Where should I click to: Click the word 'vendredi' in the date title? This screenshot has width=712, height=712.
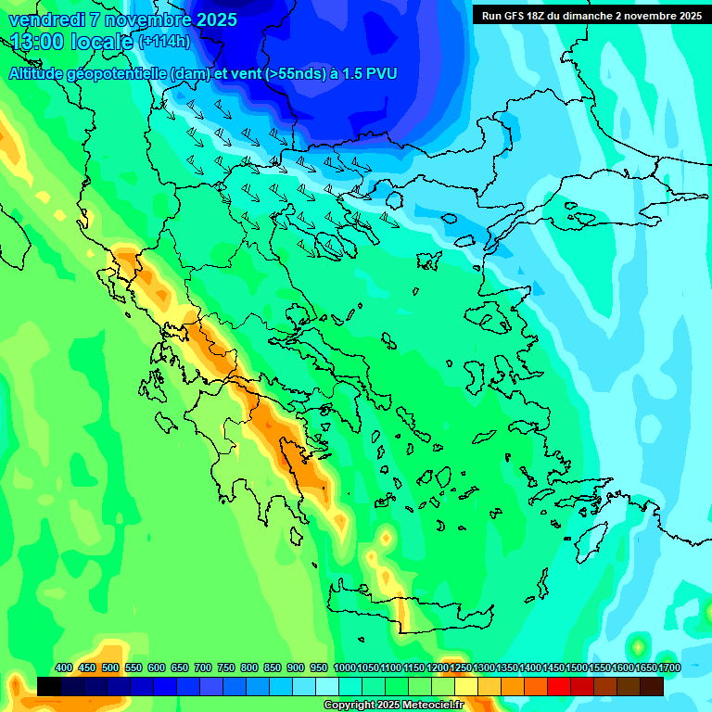[43, 19]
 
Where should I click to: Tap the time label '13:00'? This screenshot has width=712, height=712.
[38, 42]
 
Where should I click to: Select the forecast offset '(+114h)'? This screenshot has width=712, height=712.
[164, 42]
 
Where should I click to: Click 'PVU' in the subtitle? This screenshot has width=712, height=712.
[382, 73]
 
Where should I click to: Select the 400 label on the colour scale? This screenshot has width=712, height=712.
[63, 668]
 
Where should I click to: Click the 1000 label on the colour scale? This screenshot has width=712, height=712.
[344, 668]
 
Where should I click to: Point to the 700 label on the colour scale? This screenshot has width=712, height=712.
[203, 668]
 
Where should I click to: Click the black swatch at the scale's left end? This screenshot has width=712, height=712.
[49, 686]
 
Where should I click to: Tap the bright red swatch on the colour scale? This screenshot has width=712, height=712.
[559, 686]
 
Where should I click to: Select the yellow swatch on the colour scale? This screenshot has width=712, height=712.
[466, 686]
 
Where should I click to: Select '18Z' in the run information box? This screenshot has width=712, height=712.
[540, 16]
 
